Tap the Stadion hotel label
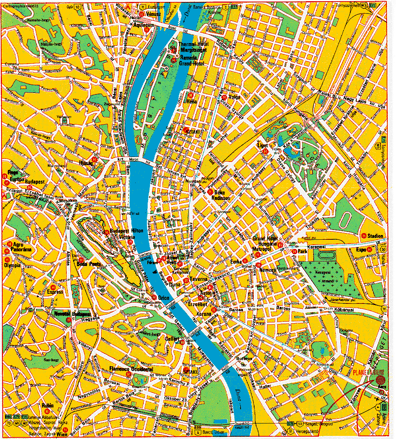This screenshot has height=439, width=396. pos(375,236)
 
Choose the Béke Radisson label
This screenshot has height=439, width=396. pos(221,195)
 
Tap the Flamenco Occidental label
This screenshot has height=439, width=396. pos(131,368)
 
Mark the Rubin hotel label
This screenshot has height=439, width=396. pos(47,404)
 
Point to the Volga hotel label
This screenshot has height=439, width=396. pos(234,97)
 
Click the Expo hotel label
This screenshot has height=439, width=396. pos(361,249)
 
